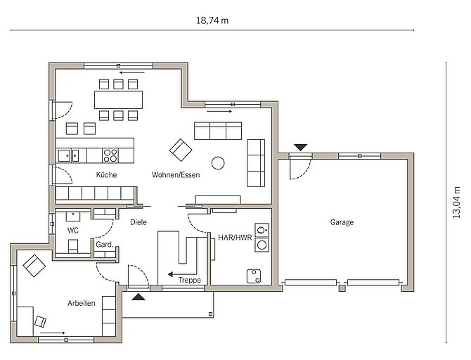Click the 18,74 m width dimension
(x=212, y=20)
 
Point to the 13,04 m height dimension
(x=456, y=202)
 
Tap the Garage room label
(x=342, y=222)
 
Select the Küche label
(x=106, y=174)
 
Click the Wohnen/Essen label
(x=176, y=174)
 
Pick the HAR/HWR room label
(x=235, y=238)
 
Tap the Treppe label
(x=190, y=280)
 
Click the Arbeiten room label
(x=82, y=303)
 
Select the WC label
(x=73, y=231)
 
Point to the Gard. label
(x=105, y=245)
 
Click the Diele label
(x=138, y=222)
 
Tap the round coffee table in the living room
(x=218, y=163)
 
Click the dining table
(x=118, y=100)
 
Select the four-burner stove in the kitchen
(x=110, y=155)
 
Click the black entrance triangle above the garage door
(x=301, y=147)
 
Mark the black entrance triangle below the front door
(x=138, y=297)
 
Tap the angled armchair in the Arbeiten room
(x=34, y=266)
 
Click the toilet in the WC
(x=73, y=246)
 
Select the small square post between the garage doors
(x=342, y=288)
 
